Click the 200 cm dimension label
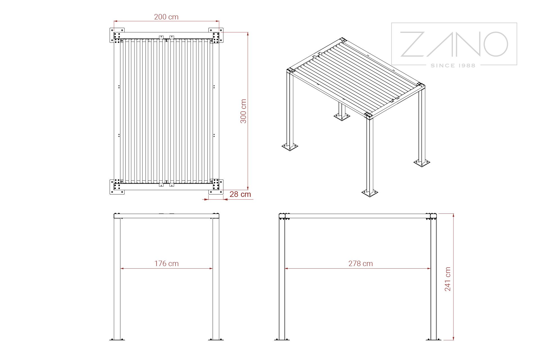click(x=166, y=17)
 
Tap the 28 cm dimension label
click(x=240, y=194)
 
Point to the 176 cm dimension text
click(x=166, y=264)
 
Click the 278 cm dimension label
click(x=361, y=264)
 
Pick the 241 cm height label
click(x=447, y=279)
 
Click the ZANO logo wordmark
click(x=454, y=44)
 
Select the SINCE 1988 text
click(x=453, y=66)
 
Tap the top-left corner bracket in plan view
click(x=117, y=35)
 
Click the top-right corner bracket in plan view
click(x=216, y=35)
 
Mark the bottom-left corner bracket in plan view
click(x=117, y=186)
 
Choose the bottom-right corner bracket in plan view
click(x=216, y=186)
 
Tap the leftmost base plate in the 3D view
click(x=290, y=146)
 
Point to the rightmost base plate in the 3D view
click(x=422, y=162)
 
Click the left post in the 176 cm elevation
click(x=117, y=278)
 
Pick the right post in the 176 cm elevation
click(x=216, y=278)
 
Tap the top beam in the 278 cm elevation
click(x=358, y=216)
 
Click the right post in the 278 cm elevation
click(x=433, y=278)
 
